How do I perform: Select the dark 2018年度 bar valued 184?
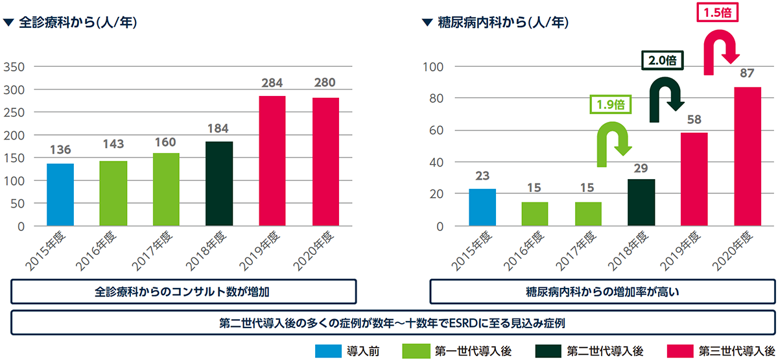[x=219, y=184]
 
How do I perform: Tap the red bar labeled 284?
[x=272, y=161]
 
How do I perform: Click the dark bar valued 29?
[x=641, y=202]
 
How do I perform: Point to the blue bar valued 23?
[x=482, y=208]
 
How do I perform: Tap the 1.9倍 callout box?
[x=609, y=103]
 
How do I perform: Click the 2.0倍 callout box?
[x=663, y=60]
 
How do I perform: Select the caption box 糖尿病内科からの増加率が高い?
[x=602, y=292]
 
